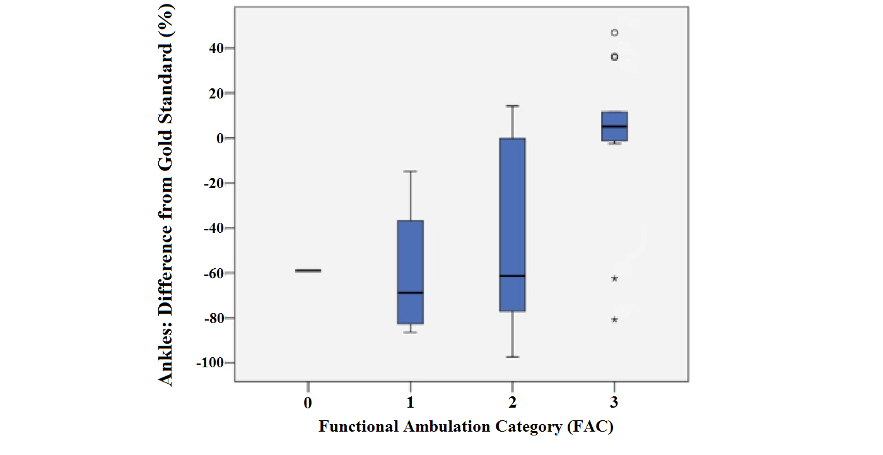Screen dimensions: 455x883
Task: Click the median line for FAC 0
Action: pyautogui.click(x=308, y=270)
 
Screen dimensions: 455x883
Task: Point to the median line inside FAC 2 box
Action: pyautogui.click(x=512, y=276)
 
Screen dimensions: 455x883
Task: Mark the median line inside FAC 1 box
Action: pyautogui.click(x=410, y=293)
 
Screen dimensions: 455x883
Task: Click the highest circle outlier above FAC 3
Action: pyautogui.click(x=614, y=33)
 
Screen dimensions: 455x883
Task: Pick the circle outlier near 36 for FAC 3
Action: pyautogui.click(x=614, y=57)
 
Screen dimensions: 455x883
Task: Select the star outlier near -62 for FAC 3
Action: pyautogui.click(x=614, y=278)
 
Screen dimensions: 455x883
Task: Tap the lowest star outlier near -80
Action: pyautogui.click(x=614, y=319)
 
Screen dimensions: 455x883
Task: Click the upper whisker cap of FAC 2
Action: pyautogui.click(x=512, y=106)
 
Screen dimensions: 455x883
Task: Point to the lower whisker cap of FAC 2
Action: pyautogui.click(x=512, y=357)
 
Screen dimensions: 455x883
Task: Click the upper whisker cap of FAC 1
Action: pyautogui.click(x=410, y=171)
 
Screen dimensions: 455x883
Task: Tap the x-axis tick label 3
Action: pyautogui.click(x=614, y=402)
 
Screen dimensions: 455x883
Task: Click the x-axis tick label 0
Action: pyautogui.click(x=308, y=402)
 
